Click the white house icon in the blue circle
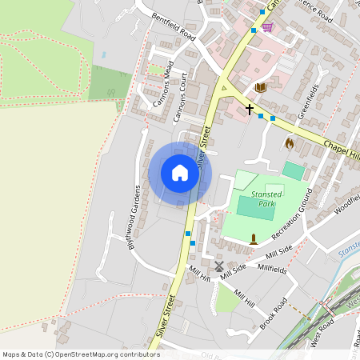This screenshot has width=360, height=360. click(x=180, y=173)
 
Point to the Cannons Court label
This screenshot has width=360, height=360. click(x=180, y=98)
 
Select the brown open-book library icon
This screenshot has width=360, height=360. click(x=261, y=87)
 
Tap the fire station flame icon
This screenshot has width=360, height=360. click(x=290, y=143)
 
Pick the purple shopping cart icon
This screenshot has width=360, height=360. click(x=267, y=27)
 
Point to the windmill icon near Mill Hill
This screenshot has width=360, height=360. click(x=219, y=266)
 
